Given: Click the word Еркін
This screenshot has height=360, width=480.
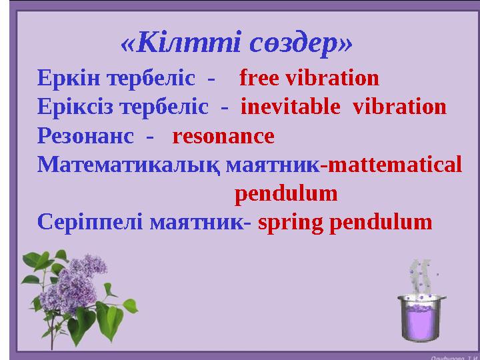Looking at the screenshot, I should point(65,79).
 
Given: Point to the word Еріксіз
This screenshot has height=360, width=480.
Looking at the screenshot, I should point(71,107).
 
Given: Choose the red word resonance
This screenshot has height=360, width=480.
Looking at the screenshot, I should point(223,136).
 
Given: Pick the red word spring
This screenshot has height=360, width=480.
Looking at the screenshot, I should point(281,222).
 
